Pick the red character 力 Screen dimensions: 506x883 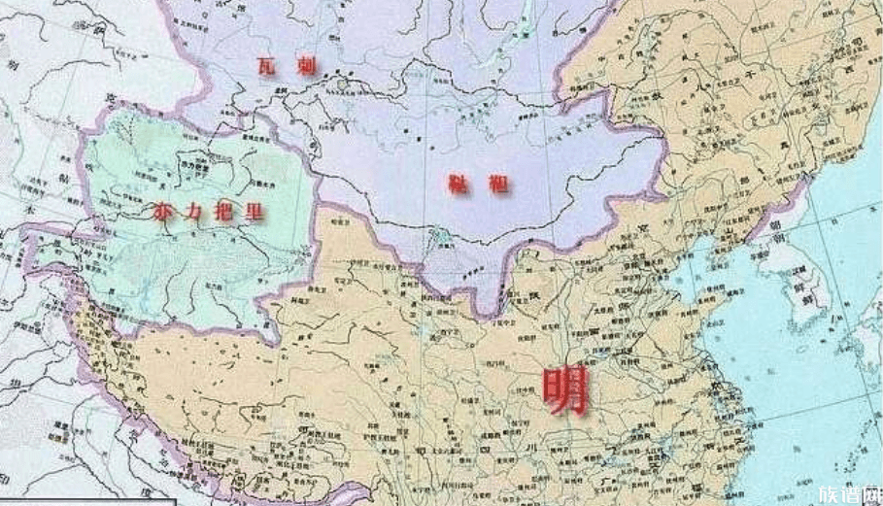pos(196,211)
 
